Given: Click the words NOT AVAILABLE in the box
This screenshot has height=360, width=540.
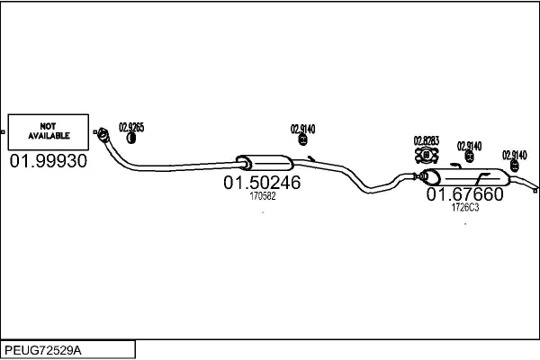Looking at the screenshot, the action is (49, 130).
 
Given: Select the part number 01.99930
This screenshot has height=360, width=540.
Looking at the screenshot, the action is (49, 161).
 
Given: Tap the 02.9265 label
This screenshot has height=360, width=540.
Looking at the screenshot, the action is (131, 127).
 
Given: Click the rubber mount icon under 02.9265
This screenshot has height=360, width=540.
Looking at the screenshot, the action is (130, 138).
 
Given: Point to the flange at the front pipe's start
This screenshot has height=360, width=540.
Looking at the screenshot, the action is (103, 134).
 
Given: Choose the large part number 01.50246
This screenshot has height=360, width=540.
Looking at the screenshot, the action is (262, 182).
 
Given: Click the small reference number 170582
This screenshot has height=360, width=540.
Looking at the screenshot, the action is (263, 196).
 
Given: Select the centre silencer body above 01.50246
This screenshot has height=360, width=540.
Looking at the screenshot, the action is (265, 163).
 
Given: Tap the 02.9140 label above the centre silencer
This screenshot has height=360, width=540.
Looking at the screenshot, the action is (302, 130).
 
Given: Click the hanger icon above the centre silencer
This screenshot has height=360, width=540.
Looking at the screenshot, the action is (302, 139).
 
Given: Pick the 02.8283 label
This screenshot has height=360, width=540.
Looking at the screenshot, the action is (427, 140).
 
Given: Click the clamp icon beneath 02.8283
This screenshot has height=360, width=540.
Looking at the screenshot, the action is (427, 155).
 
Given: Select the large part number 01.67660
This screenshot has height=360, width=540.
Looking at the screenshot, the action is (465, 194).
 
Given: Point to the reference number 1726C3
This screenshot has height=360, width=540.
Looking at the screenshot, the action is (465, 207).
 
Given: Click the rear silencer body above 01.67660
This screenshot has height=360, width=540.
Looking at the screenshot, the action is (465, 177).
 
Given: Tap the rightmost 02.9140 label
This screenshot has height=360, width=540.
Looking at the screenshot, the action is (515, 155).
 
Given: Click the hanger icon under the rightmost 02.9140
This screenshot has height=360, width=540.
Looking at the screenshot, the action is (515, 166).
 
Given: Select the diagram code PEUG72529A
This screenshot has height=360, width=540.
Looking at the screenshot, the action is (43, 350).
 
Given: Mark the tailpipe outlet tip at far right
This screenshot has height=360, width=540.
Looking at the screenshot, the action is (535, 190).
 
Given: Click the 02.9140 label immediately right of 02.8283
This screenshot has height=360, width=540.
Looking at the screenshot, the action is (470, 146).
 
